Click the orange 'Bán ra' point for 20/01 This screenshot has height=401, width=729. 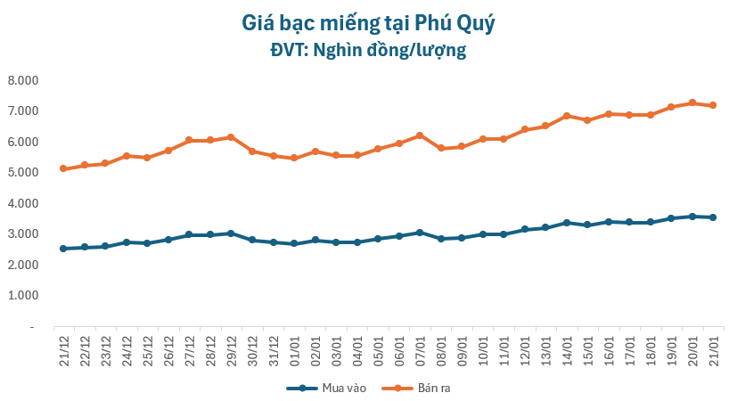click(692, 102)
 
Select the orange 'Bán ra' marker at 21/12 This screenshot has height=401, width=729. click(63, 168)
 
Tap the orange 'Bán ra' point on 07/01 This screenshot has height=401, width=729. click(420, 135)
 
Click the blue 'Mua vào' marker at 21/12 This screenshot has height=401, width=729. click(63, 249)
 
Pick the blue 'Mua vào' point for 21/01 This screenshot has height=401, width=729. click(713, 217)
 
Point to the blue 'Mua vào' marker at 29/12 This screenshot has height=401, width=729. click(231, 233)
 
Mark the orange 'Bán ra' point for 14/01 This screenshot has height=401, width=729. click(567, 116)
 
